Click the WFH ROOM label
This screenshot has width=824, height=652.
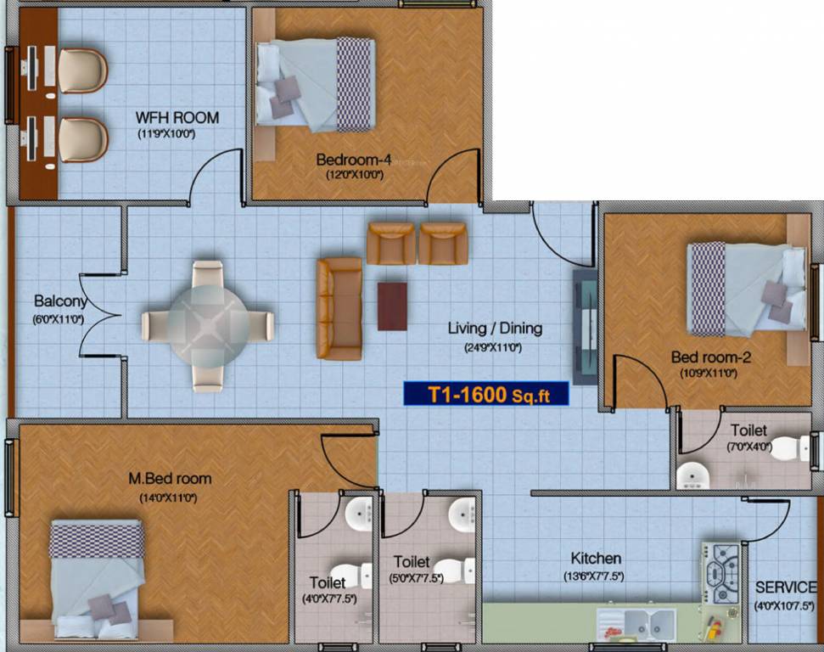tap(178, 118)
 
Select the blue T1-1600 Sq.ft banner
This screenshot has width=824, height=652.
tap(485, 393)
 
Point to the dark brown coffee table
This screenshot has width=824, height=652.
tap(392, 306)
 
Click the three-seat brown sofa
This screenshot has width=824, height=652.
tap(339, 307)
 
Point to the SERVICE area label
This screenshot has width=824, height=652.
tap(785, 587)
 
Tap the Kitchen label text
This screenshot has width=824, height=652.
tap(596, 559)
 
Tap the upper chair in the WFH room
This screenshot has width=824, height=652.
tap(82, 70)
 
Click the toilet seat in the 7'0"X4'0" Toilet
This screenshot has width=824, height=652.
tap(792, 447)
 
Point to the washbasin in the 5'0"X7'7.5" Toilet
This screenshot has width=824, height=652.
tap(463, 514)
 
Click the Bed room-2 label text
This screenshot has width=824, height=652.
tap(710, 357)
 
